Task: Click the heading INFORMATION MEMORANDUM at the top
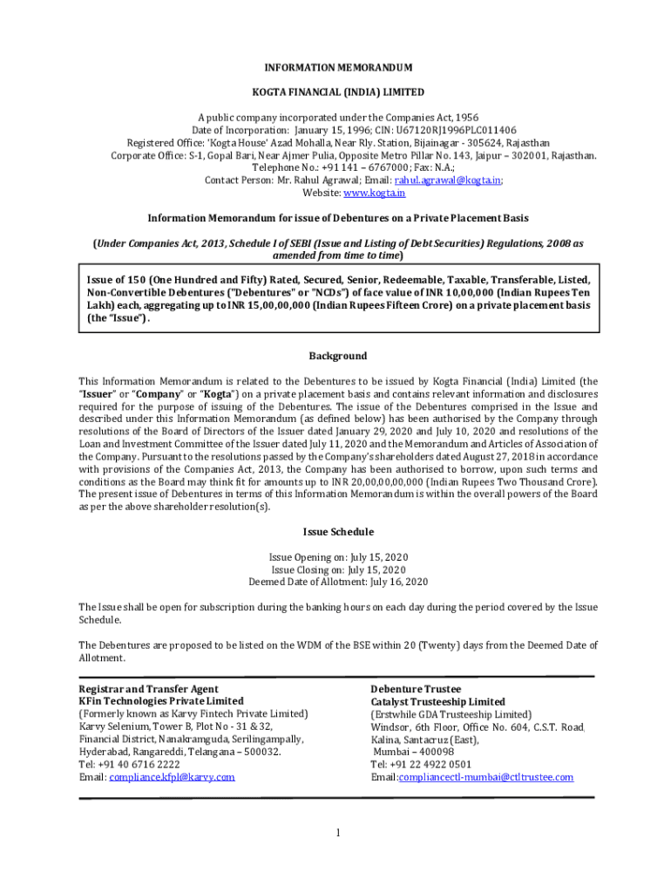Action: (338, 68)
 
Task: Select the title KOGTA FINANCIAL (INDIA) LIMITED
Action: (338, 92)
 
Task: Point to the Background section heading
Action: (338, 357)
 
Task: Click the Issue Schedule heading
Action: (338, 532)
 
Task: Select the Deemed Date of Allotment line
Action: (338, 582)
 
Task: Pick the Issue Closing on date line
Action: (338, 569)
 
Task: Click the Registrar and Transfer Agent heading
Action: (149, 689)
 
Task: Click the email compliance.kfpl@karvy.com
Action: (172, 777)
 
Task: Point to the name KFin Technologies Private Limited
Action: (161, 701)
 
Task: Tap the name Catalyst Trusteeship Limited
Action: (437, 702)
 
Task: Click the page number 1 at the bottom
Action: (337, 834)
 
